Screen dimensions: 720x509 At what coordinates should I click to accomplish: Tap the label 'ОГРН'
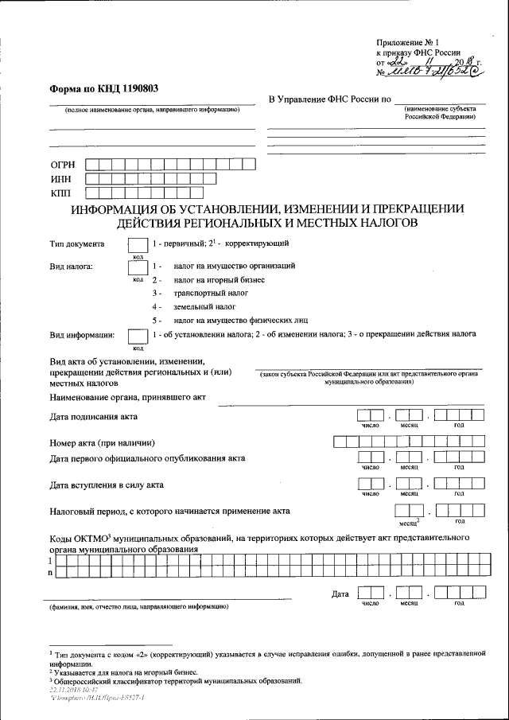point(64,165)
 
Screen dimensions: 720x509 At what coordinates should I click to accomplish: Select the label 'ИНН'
point(61,179)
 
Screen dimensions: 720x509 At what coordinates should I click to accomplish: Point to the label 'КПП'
point(61,193)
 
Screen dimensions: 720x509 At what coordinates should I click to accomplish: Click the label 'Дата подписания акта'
point(94,417)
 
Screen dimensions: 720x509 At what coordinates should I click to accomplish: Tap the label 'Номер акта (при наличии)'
point(102,442)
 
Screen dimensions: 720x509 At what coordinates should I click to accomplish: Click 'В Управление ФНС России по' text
point(329,99)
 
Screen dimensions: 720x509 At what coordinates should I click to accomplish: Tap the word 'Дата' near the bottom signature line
point(340,594)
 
